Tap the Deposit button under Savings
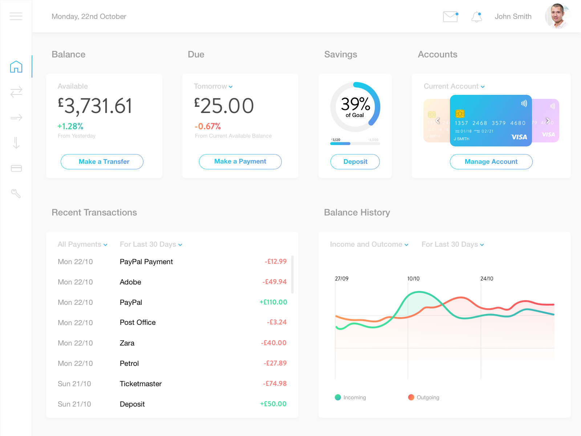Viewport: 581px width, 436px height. (355, 162)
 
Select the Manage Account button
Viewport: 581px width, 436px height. (491, 162)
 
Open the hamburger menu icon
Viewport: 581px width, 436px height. (16, 16)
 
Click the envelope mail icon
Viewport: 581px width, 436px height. (450, 17)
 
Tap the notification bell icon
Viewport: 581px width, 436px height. (476, 17)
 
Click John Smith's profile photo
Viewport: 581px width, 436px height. (557, 16)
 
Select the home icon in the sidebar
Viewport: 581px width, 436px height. (16, 67)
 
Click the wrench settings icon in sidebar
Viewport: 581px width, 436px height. (16, 193)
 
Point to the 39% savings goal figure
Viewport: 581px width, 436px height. (355, 104)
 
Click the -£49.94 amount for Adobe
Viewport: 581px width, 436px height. (275, 282)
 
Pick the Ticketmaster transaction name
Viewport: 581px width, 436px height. (141, 384)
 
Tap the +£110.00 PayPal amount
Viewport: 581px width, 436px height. (273, 302)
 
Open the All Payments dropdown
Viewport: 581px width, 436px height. (82, 245)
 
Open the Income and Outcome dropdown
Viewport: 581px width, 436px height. (369, 245)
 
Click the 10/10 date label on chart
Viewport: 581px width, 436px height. (413, 279)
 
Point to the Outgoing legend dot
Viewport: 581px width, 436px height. (411, 397)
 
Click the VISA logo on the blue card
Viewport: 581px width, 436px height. (519, 137)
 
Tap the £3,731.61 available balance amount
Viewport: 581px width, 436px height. (95, 106)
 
